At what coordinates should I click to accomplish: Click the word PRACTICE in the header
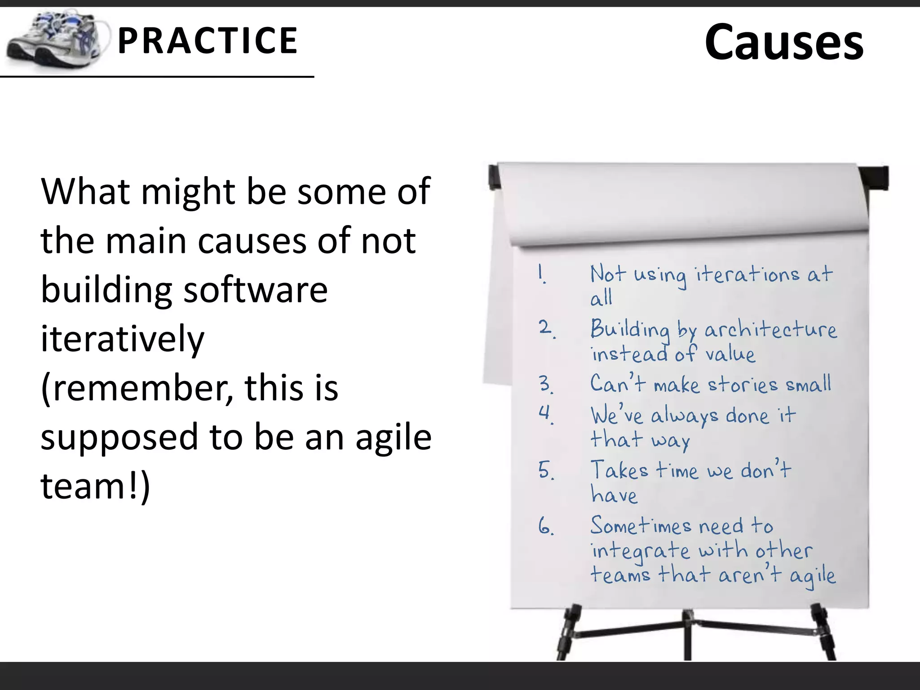(x=207, y=41)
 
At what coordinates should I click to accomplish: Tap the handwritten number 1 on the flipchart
(x=542, y=274)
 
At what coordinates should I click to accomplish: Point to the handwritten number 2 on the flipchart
(x=546, y=328)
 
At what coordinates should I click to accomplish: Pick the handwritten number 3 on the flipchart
(x=545, y=384)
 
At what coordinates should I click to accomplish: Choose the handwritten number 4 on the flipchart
(x=545, y=413)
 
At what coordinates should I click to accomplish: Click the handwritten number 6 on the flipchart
(x=545, y=526)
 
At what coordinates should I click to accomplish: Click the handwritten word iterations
(x=748, y=274)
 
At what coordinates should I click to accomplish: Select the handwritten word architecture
(x=770, y=330)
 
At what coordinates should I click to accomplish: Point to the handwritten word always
(x=685, y=416)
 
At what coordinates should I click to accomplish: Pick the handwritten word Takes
(x=619, y=470)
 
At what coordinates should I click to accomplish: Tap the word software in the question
(x=256, y=290)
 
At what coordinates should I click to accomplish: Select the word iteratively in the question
(x=122, y=339)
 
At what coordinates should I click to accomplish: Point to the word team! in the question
(x=92, y=486)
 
